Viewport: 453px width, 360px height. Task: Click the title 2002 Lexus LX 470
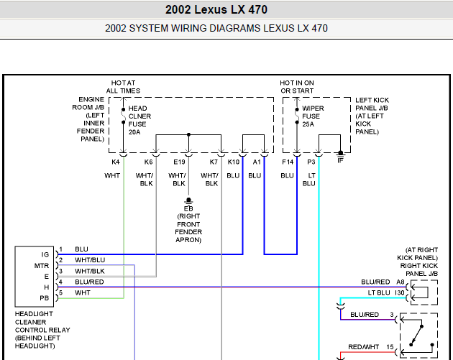point(226,10)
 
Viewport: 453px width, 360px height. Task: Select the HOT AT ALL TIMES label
point(123,87)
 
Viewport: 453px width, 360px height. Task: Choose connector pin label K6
point(148,162)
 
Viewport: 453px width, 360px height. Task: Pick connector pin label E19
point(179,162)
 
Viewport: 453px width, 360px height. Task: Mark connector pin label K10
point(233,162)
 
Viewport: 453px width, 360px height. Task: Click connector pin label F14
point(288,162)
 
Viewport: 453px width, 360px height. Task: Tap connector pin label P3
point(311,162)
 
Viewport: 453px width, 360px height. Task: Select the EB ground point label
point(188,208)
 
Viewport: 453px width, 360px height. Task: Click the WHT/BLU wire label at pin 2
point(90,259)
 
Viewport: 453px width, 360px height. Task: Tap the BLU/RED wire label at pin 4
point(90,282)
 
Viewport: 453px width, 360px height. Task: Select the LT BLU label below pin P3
point(309,179)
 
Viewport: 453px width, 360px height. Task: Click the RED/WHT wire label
point(364,346)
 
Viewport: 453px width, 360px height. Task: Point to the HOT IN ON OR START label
point(297,87)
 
